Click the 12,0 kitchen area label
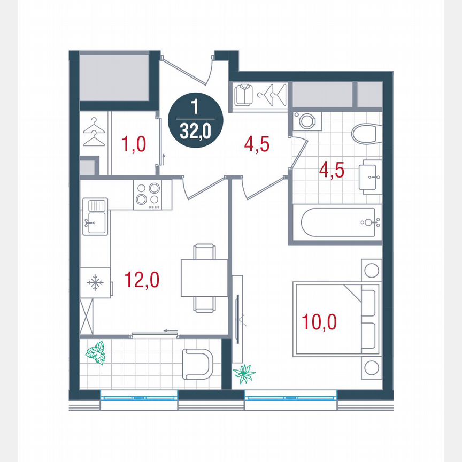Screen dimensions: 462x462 click(142, 280)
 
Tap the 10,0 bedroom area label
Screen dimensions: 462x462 click(319, 322)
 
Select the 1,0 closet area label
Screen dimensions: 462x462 click(134, 144)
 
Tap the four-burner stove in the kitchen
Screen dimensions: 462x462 click(148, 194)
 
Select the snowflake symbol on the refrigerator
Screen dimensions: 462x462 click(95, 283)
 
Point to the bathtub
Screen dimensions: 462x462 click(341, 222)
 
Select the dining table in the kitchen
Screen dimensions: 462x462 click(204, 277)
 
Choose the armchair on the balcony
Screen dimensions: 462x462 click(198, 364)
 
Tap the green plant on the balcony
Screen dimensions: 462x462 click(96, 353)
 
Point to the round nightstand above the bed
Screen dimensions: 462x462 click(371, 269)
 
